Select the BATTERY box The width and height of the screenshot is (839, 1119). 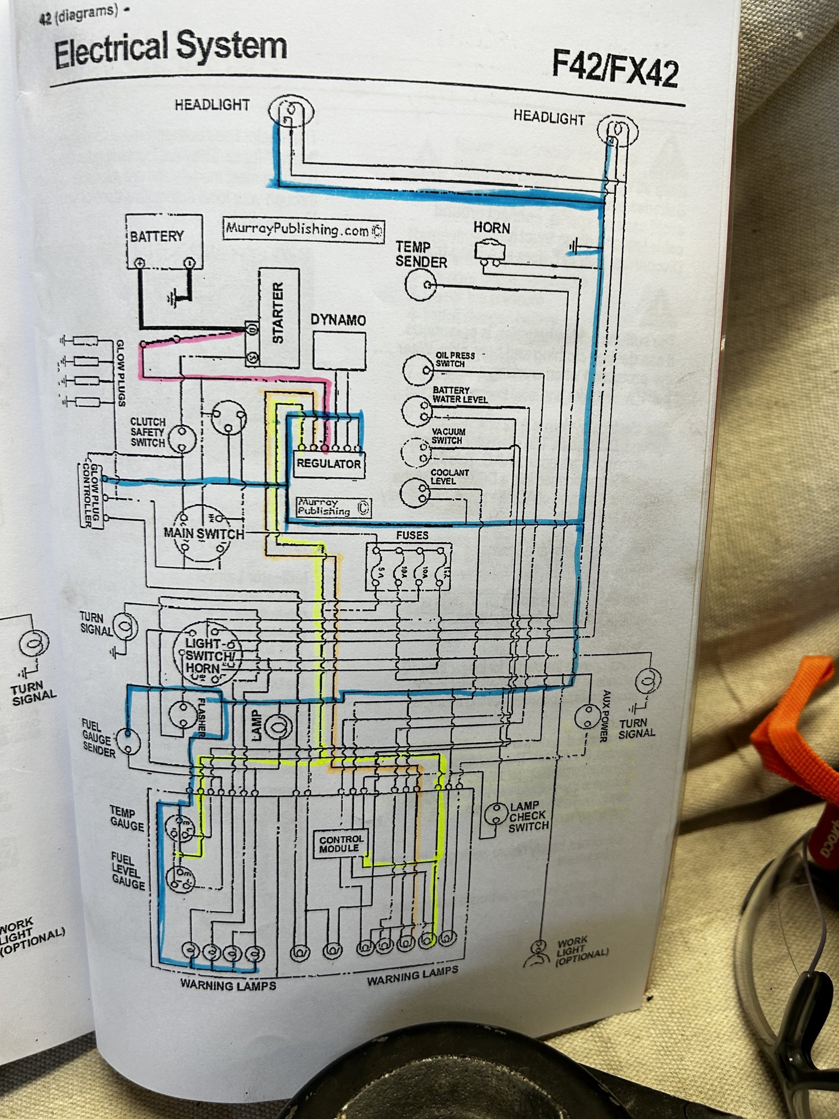coord(164,241)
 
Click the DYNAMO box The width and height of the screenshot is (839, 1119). coord(339,350)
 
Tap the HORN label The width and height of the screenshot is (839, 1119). coord(492,228)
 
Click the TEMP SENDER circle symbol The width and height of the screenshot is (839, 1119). coord(421,285)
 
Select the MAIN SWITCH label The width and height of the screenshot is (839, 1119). coord(204,534)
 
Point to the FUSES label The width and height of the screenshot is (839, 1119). coord(412,535)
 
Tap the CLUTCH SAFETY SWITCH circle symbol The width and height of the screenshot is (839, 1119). coord(182,438)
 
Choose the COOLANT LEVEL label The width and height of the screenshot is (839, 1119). coord(450,477)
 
